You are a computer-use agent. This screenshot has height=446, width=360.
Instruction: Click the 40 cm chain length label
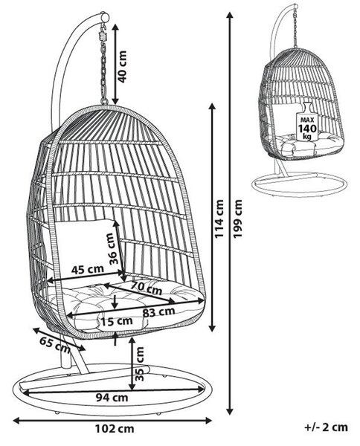[x=123, y=67]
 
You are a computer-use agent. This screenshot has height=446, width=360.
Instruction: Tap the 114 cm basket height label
[x=219, y=219]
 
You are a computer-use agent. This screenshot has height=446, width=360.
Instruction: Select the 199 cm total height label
[x=237, y=219]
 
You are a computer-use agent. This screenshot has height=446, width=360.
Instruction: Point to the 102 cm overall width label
[x=115, y=428]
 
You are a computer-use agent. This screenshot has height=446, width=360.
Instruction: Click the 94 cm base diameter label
[x=112, y=397]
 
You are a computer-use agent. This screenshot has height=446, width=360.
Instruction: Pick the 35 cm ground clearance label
[x=139, y=363]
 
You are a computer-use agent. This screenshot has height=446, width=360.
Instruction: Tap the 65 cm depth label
[x=54, y=345]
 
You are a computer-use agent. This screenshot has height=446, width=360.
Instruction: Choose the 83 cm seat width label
[x=158, y=312]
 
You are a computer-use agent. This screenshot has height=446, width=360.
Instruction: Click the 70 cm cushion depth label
[x=146, y=288]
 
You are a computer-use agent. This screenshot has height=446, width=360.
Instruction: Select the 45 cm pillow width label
[x=87, y=269]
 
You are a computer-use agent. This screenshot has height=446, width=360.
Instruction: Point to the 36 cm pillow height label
[x=114, y=249]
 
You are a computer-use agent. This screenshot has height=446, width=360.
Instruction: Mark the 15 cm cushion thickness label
[x=117, y=321]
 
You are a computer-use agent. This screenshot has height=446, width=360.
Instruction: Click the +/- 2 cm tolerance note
[x=326, y=427]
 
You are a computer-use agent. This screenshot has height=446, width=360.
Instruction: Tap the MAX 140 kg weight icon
[x=307, y=121]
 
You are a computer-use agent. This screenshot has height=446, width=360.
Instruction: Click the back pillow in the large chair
[x=86, y=248]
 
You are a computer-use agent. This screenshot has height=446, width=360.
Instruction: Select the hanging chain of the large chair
[x=104, y=64]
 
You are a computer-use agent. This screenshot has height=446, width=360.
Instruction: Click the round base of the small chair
[x=300, y=182]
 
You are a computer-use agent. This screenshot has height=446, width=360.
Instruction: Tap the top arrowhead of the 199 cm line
[x=230, y=16]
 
